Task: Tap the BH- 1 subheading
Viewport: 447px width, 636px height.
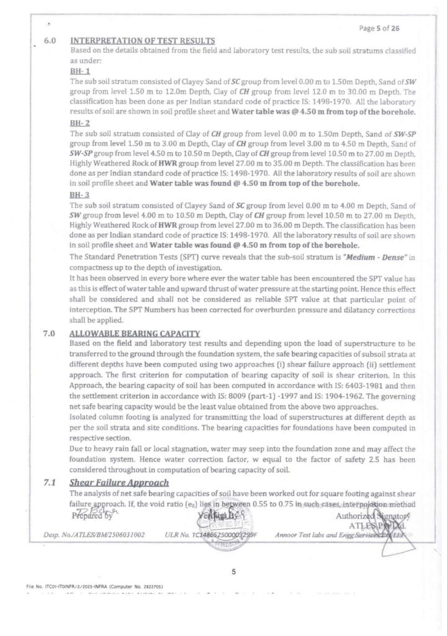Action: pyautogui.click(x=81, y=72)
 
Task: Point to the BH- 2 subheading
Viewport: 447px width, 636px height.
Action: pyautogui.click(x=81, y=124)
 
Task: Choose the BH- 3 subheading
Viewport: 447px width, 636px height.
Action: pyautogui.click(x=81, y=193)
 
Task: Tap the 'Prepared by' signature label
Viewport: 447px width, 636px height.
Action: pyautogui.click(x=92, y=515)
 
